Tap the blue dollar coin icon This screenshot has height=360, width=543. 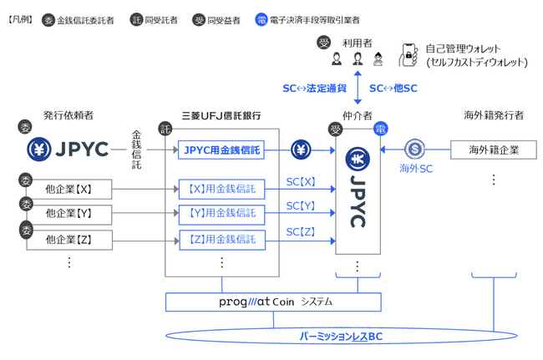(416, 150)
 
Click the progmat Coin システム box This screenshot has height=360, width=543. (273, 302)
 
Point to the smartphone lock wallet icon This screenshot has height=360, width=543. (409, 54)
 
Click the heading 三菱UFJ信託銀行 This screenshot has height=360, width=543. (221, 115)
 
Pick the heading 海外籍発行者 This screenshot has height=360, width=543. (493, 115)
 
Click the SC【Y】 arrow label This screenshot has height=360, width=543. (301, 205)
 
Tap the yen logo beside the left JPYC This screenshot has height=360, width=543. (39, 150)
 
